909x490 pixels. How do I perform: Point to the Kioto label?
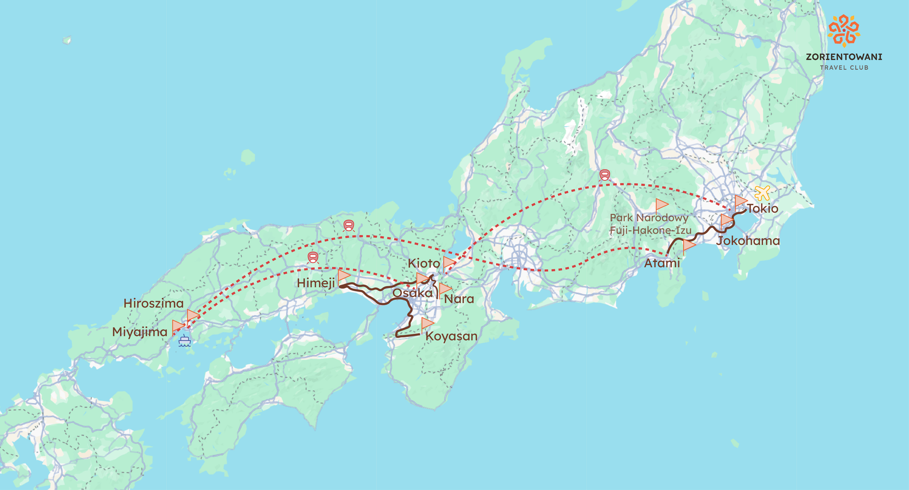tap(424, 263)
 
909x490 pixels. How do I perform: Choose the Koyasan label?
tap(451, 336)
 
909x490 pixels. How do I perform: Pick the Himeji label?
tap(316, 283)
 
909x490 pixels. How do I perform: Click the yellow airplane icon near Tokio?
tap(762, 193)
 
